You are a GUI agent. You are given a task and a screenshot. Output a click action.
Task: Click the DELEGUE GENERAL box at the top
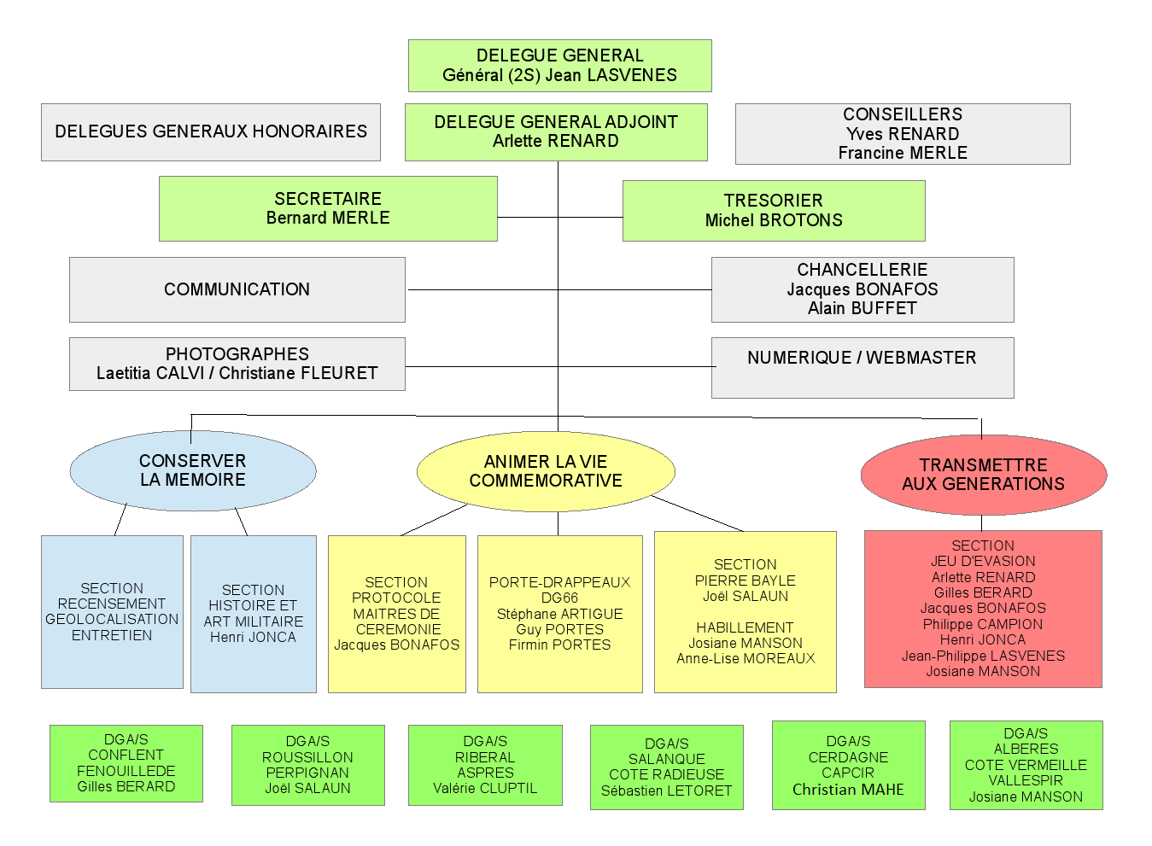click(559, 66)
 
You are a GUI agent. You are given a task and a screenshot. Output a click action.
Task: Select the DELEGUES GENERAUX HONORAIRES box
click(211, 131)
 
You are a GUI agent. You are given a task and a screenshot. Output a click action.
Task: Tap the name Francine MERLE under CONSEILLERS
click(903, 153)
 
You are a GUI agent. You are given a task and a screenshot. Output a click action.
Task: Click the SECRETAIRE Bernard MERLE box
click(328, 208)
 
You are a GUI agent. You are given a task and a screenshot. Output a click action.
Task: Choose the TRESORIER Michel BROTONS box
click(774, 211)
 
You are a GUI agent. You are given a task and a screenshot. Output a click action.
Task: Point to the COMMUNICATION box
click(237, 289)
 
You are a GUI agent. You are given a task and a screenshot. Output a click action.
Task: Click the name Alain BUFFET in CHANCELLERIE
click(863, 308)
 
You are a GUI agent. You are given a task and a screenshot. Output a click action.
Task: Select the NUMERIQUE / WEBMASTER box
click(863, 367)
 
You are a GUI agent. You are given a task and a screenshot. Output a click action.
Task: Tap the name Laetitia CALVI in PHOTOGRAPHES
click(150, 373)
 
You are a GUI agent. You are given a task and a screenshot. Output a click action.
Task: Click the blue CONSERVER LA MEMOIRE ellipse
click(193, 470)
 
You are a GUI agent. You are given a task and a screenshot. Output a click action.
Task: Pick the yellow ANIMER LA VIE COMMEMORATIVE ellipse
click(546, 471)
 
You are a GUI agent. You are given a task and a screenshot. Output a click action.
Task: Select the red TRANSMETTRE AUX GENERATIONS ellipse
click(984, 475)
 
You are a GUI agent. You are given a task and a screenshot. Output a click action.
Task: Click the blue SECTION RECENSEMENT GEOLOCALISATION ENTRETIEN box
click(112, 611)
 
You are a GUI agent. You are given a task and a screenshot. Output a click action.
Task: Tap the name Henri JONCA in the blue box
click(253, 637)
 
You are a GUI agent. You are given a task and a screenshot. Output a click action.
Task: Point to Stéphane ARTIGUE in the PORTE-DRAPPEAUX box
click(559, 614)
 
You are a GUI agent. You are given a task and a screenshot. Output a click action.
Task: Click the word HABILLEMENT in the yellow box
click(745, 627)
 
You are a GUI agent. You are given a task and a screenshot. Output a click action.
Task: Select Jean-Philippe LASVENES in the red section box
click(983, 656)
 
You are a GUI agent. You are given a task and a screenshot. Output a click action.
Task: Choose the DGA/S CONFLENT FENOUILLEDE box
click(126, 763)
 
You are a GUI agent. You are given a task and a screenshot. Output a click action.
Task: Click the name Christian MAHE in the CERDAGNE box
click(848, 790)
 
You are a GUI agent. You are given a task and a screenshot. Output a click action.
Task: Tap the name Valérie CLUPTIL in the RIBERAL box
click(485, 788)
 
